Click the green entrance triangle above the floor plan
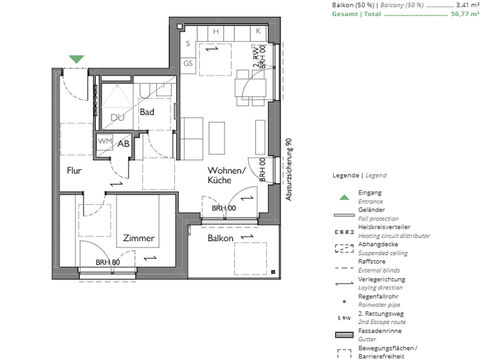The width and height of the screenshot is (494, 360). (x=77, y=59)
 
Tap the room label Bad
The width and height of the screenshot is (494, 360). (x=147, y=112)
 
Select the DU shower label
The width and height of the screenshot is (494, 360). (x=117, y=118)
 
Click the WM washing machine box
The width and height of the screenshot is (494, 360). (x=104, y=141)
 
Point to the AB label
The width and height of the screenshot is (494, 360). (x=123, y=143)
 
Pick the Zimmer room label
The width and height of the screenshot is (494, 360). (x=139, y=238)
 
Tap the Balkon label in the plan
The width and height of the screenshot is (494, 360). (x=221, y=238)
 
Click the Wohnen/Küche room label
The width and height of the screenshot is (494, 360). (x=226, y=175)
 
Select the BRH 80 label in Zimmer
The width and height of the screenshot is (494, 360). (x=107, y=262)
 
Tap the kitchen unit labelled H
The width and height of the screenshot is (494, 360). (x=216, y=32)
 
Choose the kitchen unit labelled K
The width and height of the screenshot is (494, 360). (x=259, y=31)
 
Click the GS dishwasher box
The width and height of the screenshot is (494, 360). (x=188, y=63)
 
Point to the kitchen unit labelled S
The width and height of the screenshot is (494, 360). (x=188, y=44)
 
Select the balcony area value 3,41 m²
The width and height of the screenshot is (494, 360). (x=468, y=4)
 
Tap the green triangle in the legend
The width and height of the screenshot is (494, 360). (x=345, y=197)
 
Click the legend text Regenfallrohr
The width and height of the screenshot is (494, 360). (x=378, y=298)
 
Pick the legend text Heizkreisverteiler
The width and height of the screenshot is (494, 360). (x=384, y=228)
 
